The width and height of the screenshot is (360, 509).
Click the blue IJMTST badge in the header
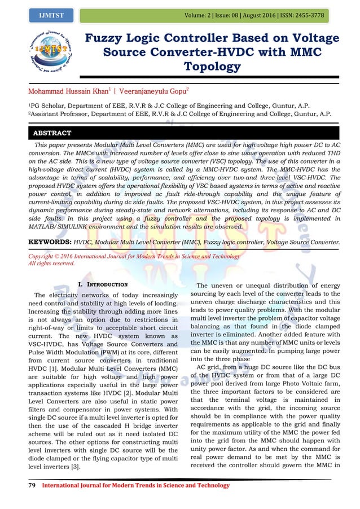51,16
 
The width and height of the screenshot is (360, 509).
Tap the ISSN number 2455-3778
309,15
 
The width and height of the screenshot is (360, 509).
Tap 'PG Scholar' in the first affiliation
52,106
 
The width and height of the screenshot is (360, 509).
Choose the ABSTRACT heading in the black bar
52,133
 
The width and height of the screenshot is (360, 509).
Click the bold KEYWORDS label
50,242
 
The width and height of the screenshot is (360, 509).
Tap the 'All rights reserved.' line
51,264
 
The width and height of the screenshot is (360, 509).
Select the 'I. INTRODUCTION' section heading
103,284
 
